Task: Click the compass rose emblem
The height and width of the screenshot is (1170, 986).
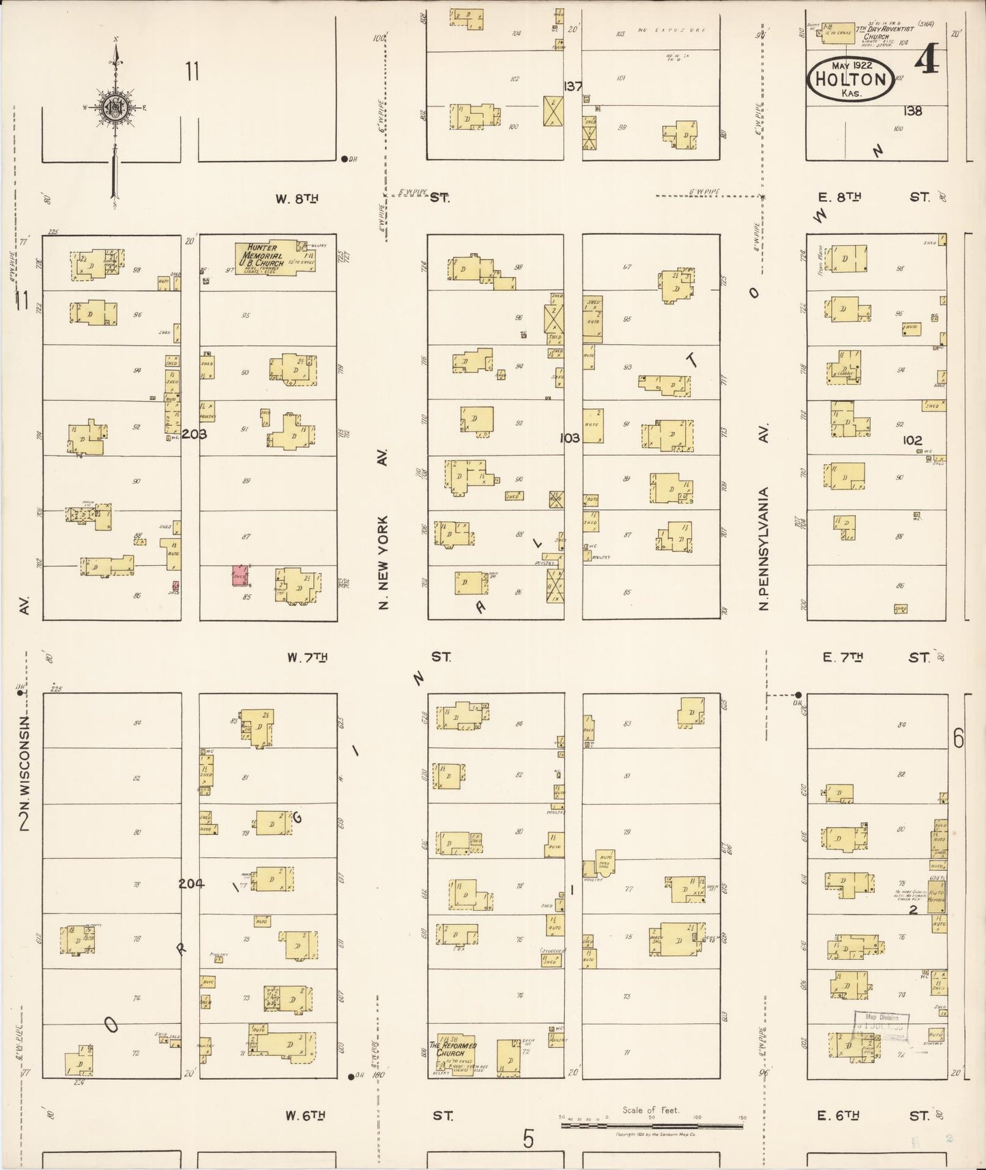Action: point(115,108)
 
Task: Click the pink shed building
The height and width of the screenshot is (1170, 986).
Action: point(240,575)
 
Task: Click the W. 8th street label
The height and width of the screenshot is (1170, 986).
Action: point(298,199)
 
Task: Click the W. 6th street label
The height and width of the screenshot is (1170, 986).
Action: point(305,1115)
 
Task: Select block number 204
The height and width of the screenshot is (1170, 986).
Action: point(191,883)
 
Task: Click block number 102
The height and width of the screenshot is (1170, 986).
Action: point(912,440)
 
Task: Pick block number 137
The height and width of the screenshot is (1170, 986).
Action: point(572,87)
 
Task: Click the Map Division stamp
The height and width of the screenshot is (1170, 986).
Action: point(880,1026)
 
